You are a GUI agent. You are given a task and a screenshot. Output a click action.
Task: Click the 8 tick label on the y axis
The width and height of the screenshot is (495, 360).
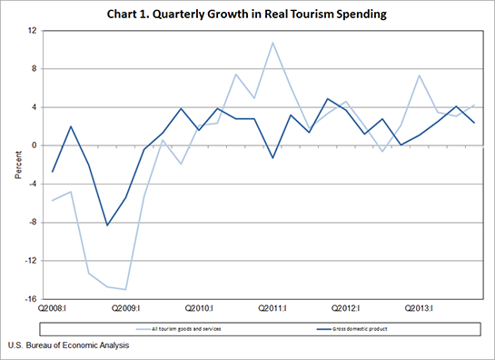click(x=32, y=69)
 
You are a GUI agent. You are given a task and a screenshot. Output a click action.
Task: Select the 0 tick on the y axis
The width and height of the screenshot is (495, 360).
click(x=32, y=145)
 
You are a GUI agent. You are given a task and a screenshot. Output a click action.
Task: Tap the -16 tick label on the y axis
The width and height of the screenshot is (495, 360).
click(x=29, y=299)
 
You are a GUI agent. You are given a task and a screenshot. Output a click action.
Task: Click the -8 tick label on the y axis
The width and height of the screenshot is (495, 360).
click(x=31, y=222)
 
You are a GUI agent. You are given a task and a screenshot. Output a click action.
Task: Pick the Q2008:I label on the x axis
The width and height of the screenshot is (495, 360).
click(x=52, y=308)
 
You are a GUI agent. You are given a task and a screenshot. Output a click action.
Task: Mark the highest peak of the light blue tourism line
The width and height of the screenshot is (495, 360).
click(x=272, y=43)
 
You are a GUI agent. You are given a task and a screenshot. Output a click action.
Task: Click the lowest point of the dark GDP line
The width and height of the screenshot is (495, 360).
click(x=107, y=225)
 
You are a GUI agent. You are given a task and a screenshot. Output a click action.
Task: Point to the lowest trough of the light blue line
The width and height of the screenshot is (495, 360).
click(x=125, y=289)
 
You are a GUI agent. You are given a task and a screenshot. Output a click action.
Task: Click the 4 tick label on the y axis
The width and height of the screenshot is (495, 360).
click(x=32, y=107)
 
